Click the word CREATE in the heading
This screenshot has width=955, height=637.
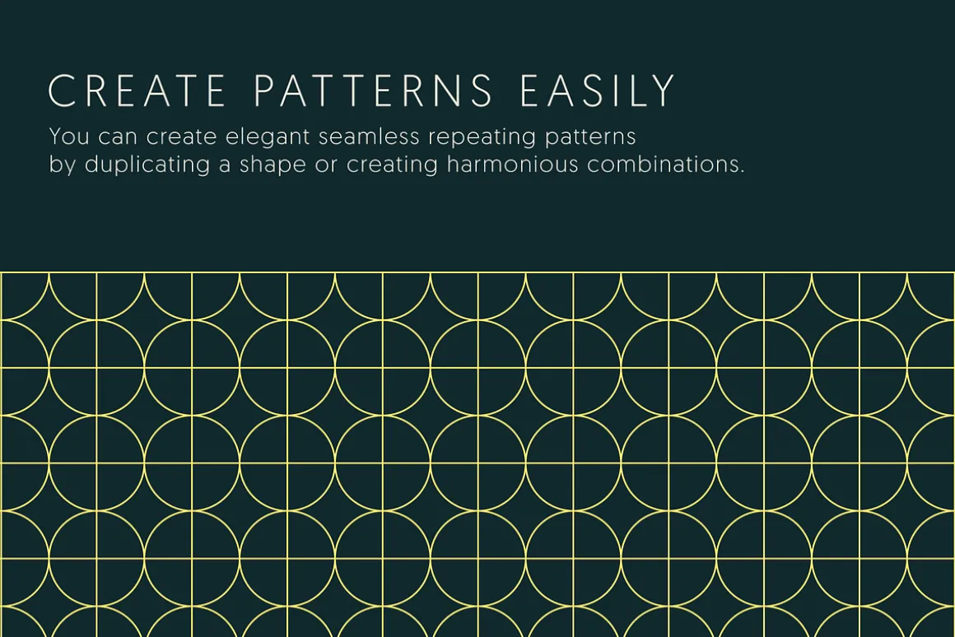point(137,91)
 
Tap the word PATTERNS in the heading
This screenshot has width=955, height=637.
point(373,91)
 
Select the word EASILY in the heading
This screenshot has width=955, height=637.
point(598,91)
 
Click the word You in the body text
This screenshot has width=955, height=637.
point(69,136)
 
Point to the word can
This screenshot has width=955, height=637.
point(118,137)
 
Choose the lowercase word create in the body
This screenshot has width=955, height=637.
point(181,137)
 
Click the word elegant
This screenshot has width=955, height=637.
point(268,137)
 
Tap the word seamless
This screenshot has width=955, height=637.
point(369,136)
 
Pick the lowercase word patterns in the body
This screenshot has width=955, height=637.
point(590,137)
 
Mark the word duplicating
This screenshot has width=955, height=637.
point(147,165)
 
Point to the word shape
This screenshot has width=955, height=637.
point(273,165)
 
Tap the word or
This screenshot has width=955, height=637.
point(326,165)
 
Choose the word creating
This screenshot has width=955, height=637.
point(392,165)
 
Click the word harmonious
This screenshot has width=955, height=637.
point(512,164)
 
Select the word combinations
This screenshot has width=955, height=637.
point(666,164)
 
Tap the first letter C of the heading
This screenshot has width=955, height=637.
point(62,91)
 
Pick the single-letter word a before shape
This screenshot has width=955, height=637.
point(225,165)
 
